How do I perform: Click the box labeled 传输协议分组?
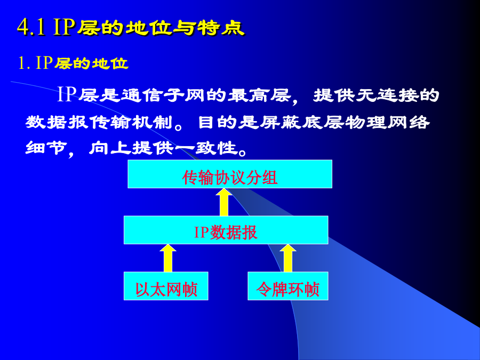[x=230, y=174]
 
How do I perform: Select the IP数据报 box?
[x=226, y=230]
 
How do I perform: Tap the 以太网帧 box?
[x=166, y=286]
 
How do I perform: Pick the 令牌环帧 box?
[x=288, y=286]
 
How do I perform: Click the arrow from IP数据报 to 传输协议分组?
[x=224, y=202]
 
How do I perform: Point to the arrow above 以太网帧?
[x=168, y=258]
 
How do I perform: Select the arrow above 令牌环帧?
[x=288, y=258]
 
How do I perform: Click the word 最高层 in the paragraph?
[x=259, y=95]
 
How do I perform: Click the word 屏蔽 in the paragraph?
[x=280, y=123]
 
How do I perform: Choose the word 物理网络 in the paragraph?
[x=387, y=123]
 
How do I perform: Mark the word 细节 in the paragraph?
[x=46, y=148]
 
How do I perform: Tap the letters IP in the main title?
[x=65, y=28]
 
